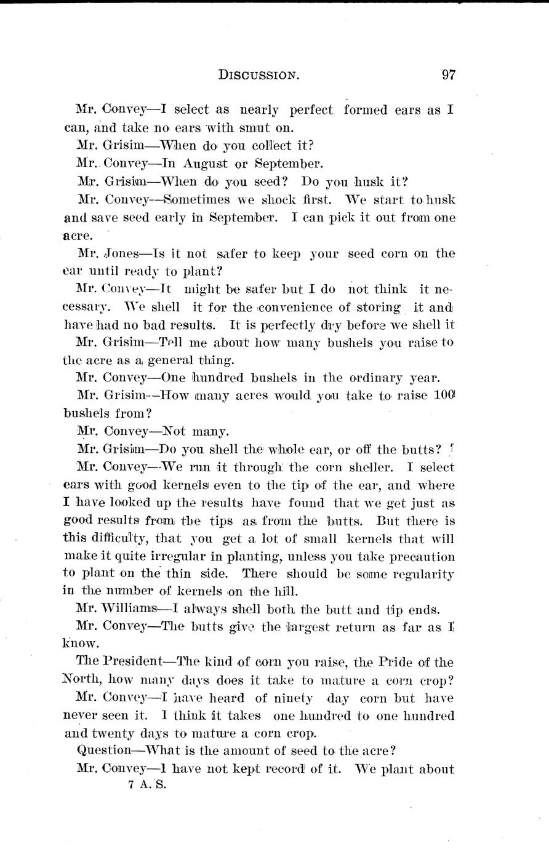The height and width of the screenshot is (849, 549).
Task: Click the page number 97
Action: click(448, 76)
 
